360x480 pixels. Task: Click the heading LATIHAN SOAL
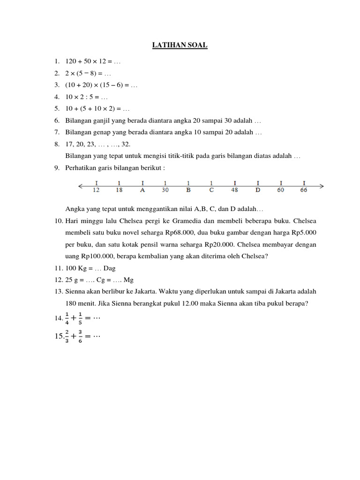[x=180, y=45]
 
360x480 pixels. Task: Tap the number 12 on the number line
[x=96, y=190]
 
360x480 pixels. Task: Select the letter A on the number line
[x=142, y=190]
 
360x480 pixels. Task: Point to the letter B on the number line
[x=188, y=190]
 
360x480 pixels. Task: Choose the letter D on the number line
[x=258, y=190]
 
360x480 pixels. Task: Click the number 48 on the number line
[x=234, y=190]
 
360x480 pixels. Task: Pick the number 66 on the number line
[x=304, y=190]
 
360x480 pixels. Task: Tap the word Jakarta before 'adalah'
[x=278, y=291]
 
